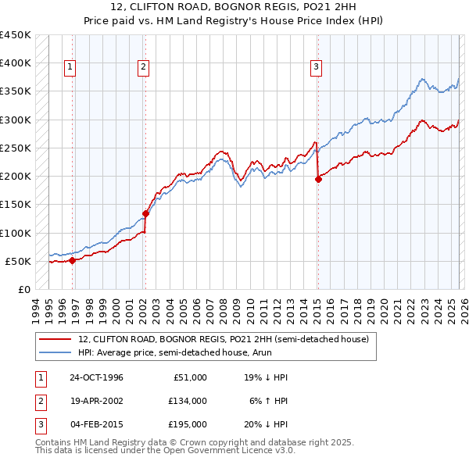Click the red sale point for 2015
coord(318,179)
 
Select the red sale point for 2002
coord(145,213)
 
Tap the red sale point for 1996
coord(73,260)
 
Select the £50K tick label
coord(19,261)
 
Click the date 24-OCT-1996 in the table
coord(96,377)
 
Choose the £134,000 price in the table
coord(187,401)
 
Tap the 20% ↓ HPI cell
coord(265,424)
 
